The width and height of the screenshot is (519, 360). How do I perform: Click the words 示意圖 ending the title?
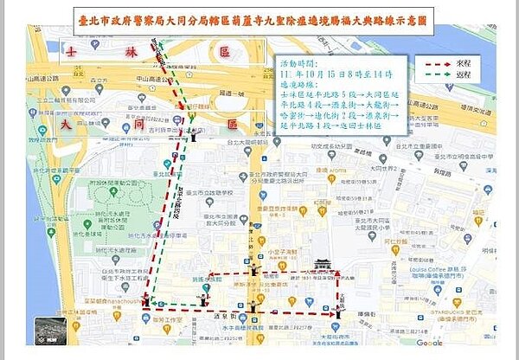tap(405, 17)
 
